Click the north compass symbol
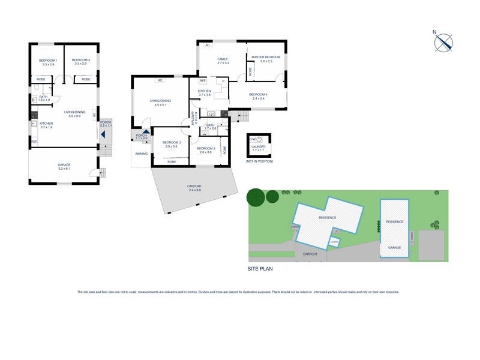(444, 43)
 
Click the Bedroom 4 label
(258, 96)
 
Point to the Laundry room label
(259, 147)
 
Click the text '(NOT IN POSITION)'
(259, 161)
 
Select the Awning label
(141, 153)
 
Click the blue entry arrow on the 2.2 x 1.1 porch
(104, 134)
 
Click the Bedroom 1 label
(47, 61)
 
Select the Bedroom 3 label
(206, 149)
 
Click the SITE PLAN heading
(260, 269)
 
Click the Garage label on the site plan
(394, 247)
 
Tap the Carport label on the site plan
(310, 254)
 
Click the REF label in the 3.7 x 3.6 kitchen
(202, 80)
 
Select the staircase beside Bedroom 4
(242, 115)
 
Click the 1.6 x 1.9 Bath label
(44, 98)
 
